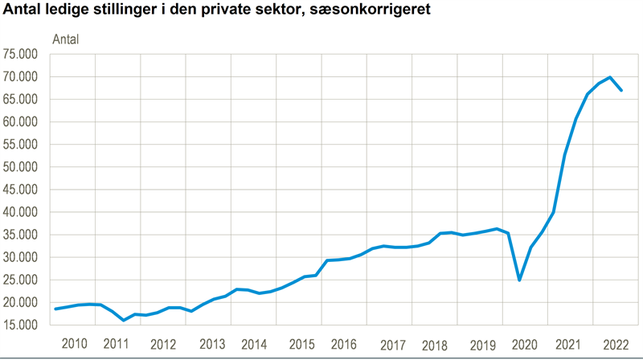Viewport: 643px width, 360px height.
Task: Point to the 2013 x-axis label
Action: tap(211, 344)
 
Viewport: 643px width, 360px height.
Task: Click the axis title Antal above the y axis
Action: tap(66, 38)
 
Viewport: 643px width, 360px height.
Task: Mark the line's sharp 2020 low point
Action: tap(519, 280)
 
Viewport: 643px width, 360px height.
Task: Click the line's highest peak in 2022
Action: tap(610, 77)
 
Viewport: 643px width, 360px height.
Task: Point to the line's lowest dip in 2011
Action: tap(124, 320)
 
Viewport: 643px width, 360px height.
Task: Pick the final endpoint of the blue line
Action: tap(621, 90)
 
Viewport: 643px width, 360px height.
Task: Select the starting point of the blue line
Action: tap(55, 309)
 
